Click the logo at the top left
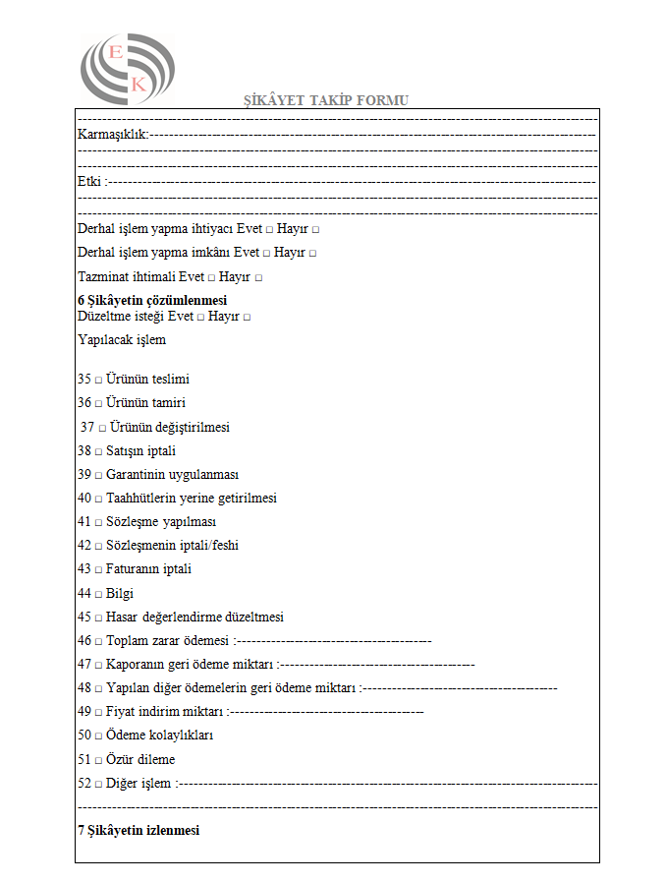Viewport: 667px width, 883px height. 127,70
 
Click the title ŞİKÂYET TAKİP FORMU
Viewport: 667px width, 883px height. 326,100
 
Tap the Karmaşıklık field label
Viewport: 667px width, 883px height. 112,134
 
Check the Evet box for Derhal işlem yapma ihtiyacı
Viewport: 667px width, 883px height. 268,229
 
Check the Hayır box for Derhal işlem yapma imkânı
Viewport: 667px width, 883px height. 312,254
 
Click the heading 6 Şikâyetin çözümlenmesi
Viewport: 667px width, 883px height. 152,300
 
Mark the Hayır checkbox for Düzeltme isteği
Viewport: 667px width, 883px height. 247,318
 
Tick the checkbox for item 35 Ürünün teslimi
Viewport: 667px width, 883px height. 98,380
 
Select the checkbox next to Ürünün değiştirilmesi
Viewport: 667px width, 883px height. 102,428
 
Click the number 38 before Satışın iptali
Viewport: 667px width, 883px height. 84,451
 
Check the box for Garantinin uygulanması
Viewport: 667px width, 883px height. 98,475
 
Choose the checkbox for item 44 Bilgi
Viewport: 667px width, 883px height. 98,594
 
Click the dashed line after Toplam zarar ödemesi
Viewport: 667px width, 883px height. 334,641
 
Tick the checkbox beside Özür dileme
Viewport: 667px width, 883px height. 98,760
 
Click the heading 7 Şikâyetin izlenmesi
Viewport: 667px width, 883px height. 139,831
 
